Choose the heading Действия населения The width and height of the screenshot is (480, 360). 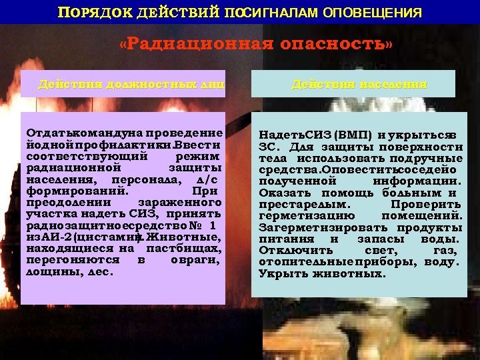(359, 85)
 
